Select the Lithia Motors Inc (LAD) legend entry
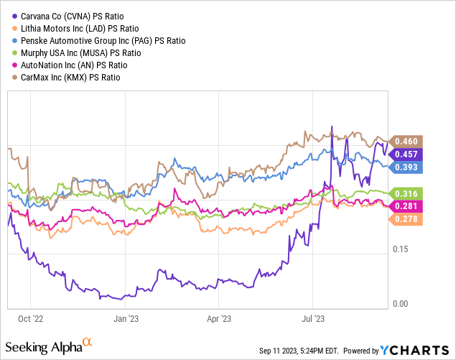click(69, 29)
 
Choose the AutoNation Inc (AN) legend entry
click(66, 65)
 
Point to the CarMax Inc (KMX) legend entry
click(64, 78)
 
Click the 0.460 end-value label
click(406, 141)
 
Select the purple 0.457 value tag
click(406, 154)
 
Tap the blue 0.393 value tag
click(406, 167)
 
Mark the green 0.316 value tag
click(406, 193)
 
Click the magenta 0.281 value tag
click(406, 207)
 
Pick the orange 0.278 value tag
click(406, 218)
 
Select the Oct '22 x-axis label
click(30, 316)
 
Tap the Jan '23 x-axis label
click(126, 316)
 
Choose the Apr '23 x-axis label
click(219, 316)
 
